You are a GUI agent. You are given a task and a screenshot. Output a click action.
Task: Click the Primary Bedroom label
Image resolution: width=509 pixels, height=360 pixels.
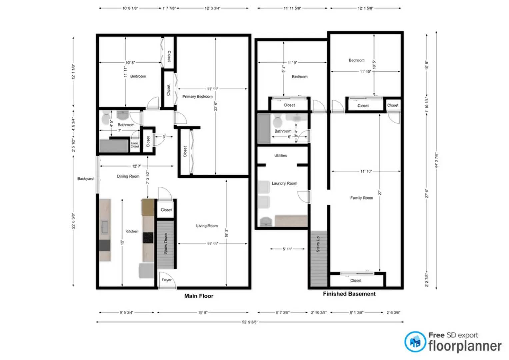tap(197, 96)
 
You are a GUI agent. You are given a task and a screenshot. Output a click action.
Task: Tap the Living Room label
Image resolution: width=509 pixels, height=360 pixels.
tap(207, 226)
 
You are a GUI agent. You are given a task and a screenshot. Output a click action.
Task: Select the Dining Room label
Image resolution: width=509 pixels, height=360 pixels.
tap(128, 176)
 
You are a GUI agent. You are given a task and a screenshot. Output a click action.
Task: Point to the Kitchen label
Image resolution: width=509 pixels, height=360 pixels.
tap(132, 231)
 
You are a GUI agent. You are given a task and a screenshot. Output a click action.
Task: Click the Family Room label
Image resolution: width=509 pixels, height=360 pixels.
tap(361, 198)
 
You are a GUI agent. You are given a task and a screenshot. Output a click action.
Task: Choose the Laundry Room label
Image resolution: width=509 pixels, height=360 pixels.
tap(284, 183)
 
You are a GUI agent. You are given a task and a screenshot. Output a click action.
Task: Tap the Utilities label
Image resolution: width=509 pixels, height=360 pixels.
tap(280, 155)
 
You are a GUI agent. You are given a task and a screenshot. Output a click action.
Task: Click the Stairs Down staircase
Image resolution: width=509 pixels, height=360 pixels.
tap(166, 244)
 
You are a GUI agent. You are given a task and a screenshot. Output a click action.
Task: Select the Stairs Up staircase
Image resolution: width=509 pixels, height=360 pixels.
tap(319, 258)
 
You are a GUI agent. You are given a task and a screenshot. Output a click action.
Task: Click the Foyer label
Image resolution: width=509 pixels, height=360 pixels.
tap(166, 280)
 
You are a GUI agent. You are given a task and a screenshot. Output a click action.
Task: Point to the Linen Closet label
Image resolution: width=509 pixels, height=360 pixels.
tap(135, 145)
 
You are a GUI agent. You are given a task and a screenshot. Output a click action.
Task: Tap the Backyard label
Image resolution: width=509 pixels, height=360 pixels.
tap(85, 179)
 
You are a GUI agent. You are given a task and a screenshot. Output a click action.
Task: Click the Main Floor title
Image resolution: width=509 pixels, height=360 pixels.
tap(199, 296)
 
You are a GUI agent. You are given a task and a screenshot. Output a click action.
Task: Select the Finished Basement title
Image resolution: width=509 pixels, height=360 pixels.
tap(349, 294)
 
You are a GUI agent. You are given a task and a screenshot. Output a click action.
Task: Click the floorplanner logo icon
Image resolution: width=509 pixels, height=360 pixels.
tap(415, 342)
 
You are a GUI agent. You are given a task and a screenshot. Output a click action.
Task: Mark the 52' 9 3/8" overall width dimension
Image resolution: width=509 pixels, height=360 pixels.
tap(250, 322)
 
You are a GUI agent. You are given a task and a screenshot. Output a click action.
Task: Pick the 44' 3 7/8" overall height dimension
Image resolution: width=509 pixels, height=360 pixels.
tap(436, 160)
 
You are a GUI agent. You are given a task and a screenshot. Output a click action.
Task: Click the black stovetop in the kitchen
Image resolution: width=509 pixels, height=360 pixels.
tap(148, 238)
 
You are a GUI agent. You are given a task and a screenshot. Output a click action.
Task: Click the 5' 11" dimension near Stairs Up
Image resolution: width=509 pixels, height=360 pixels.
tap(287, 249)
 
